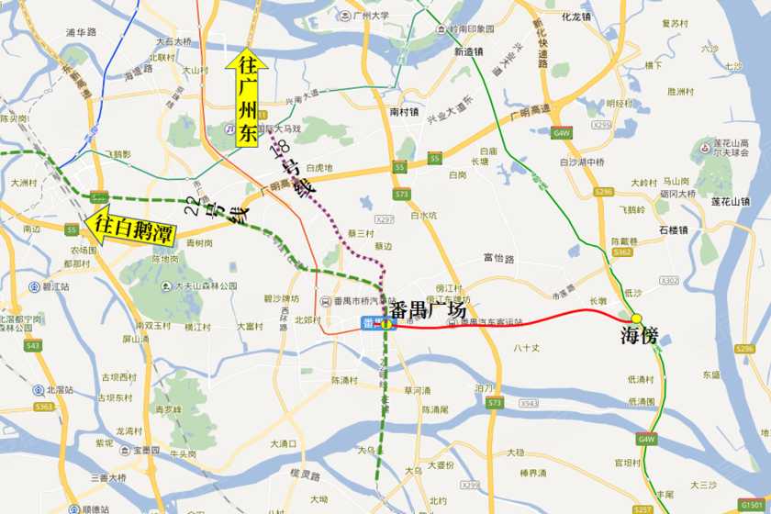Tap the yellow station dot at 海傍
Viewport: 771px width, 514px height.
[636, 318]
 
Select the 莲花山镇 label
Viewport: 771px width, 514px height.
[730, 201]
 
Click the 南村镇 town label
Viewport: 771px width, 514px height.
[404, 112]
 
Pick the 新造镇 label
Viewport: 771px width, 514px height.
[469, 52]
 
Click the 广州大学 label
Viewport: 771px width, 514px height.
[372, 16]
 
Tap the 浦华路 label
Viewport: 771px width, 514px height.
[82, 32]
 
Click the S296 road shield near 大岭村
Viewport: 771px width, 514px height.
[603, 191]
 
